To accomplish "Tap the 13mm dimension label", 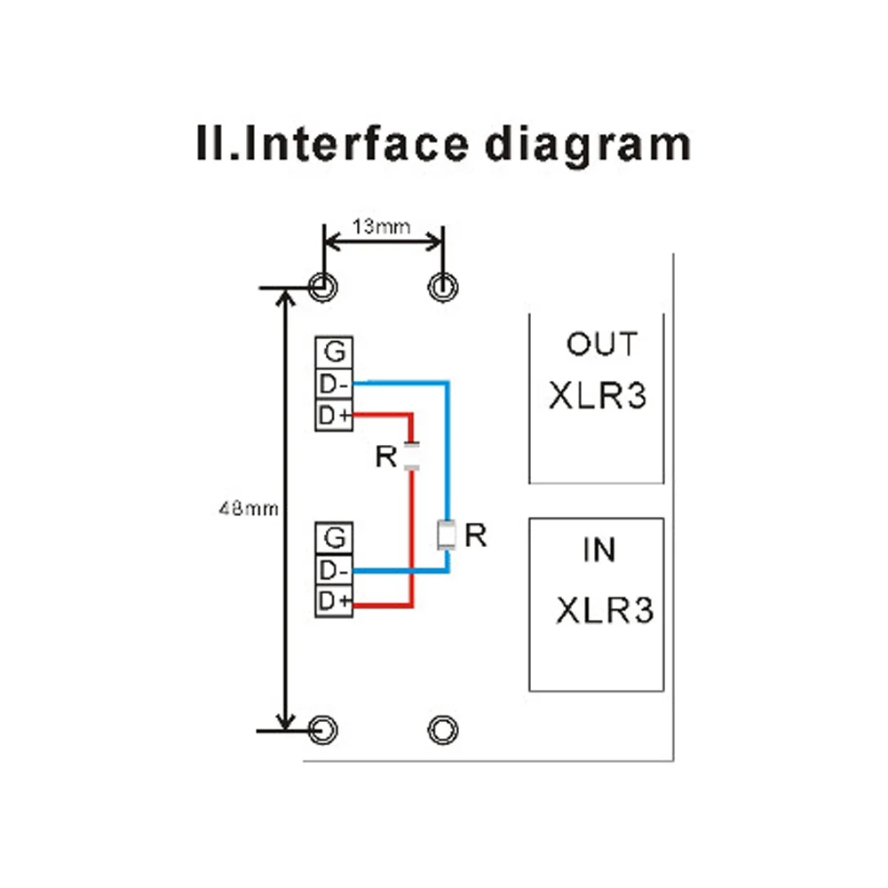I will coord(382,226).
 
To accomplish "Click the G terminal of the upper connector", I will coord(334,353).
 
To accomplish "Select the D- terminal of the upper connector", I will coord(334,385).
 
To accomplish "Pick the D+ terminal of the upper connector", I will coord(334,416).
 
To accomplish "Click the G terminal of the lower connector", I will coord(334,537).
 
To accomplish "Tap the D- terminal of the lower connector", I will coord(334,569).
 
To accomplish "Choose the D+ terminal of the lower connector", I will coord(334,601).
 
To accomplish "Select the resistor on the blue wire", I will coord(448,535).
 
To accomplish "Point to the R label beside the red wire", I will coord(385,457).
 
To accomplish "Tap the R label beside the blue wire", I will coord(476,535).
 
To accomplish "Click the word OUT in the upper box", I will coord(601,345).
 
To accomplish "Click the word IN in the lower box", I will coord(599,551).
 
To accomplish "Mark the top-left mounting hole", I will coord(322,286).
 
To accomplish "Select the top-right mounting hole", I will coord(442,286).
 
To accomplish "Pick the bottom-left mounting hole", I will coord(323,730).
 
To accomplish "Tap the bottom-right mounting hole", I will coord(442,730).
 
